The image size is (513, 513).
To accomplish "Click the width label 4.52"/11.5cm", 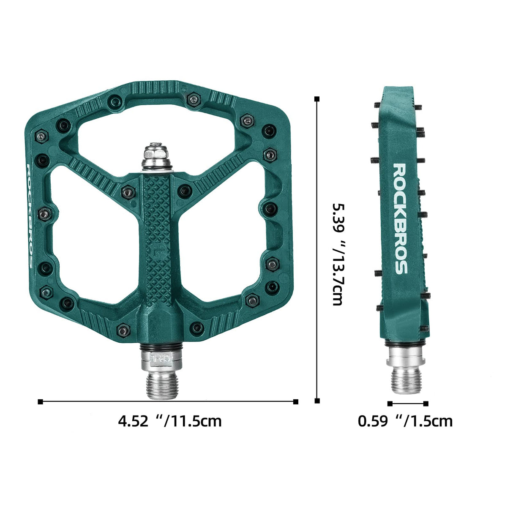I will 170,421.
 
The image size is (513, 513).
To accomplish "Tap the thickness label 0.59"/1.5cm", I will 405,421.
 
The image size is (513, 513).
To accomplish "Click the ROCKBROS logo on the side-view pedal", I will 400,218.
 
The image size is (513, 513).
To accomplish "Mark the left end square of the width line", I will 41,401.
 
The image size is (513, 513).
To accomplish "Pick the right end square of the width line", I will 296,401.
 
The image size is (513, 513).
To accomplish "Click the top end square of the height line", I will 317,99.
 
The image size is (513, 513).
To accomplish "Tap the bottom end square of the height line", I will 317,401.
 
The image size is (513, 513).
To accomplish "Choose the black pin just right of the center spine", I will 184,191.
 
